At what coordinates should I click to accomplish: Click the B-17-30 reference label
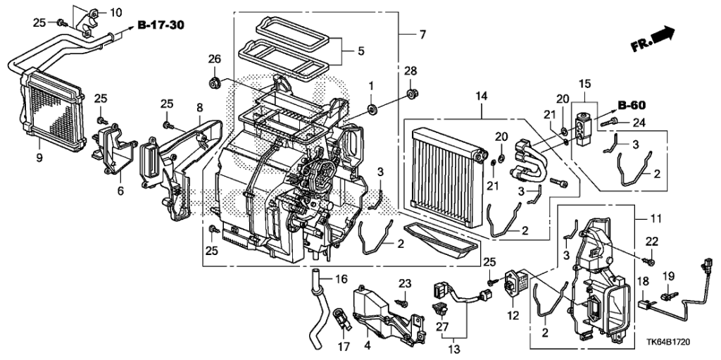pyautogui.click(x=161, y=25)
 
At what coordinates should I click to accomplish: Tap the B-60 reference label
pyautogui.click(x=632, y=106)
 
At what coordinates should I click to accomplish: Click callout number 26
pyautogui.click(x=215, y=59)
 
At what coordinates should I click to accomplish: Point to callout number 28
pyautogui.click(x=410, y=71)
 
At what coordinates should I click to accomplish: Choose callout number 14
pyautogui.click(x=481, y=97)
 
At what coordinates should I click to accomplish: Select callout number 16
pyautogui.click(x=341, y=279)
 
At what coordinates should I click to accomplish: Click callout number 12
pyautogui.click(x=513, y=316)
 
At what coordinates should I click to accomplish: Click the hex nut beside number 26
pyautogui.click(x=213, y=83)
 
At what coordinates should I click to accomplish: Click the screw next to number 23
pyautogui.click(x=403, y=303)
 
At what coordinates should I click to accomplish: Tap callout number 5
pyautogui.click(x=360, y=51)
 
